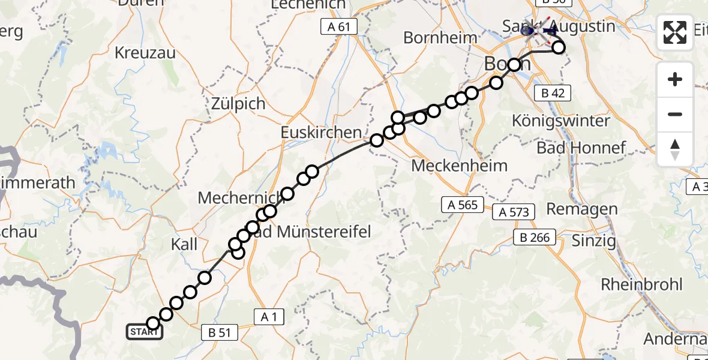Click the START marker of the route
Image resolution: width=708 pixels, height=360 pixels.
(145, 332)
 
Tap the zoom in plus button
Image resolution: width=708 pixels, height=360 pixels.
(675, 79)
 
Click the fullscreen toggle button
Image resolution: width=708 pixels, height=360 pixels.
(675, 32)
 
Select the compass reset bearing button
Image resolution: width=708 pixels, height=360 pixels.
(675, 149)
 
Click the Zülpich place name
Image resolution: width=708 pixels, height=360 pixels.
(238, 104)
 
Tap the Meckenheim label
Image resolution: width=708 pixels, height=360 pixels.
(460, 166)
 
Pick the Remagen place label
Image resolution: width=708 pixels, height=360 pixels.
(582, 209)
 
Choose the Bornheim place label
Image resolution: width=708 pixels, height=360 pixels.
(440, 38)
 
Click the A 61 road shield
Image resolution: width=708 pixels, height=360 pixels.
(339, 26)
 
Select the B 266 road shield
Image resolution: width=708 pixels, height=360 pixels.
(532, 238)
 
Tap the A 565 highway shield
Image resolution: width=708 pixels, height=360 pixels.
(463, 205)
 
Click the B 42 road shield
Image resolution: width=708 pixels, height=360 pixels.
(552, 92)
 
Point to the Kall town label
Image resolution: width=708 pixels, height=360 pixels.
(184, 244)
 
